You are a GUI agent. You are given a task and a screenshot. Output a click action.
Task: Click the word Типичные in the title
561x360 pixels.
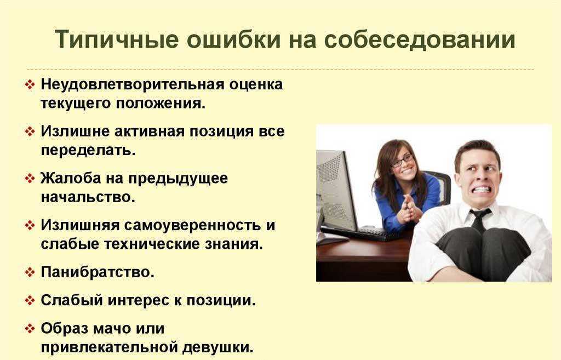pyautogui.click(x=117, y=39)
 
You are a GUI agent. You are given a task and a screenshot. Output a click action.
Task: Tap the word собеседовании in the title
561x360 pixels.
pyautogui.click(x=420, y=39)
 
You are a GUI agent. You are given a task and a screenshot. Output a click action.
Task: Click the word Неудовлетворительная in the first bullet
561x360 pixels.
pyautogui.click(x=133, y=84)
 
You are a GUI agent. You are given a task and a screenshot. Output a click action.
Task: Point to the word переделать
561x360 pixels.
pyautogui.click(x=88, y=150)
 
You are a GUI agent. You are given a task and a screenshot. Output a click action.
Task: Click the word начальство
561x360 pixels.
pyautogui.click(x=88, y=197)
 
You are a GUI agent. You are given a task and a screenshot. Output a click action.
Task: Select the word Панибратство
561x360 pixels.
pyautogui.click(x=98, y=272)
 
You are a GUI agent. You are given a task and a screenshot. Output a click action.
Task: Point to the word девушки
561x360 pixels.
pyautogui.click(x=218, y=347)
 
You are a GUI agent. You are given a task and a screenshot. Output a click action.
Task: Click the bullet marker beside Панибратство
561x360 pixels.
pyautogui.click(x=30, y=272)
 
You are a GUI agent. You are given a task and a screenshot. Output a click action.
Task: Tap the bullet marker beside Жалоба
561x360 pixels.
pyautogui.click(x=30, y=178)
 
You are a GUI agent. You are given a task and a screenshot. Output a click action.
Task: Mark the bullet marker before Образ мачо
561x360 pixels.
pyautogui.click(x=30, y=328)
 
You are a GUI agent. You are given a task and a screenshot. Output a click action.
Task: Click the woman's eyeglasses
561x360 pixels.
pyautogui.click(x=403, y=161)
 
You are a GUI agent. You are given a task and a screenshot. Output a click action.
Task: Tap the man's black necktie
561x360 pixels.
pyautogui.click(x=479, y=220)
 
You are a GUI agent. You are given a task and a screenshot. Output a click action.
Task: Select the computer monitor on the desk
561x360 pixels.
pyautogui.click(x=336, y=190)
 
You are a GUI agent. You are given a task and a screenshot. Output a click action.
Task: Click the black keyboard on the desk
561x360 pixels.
pyautogui.click(x=362, y=233)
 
